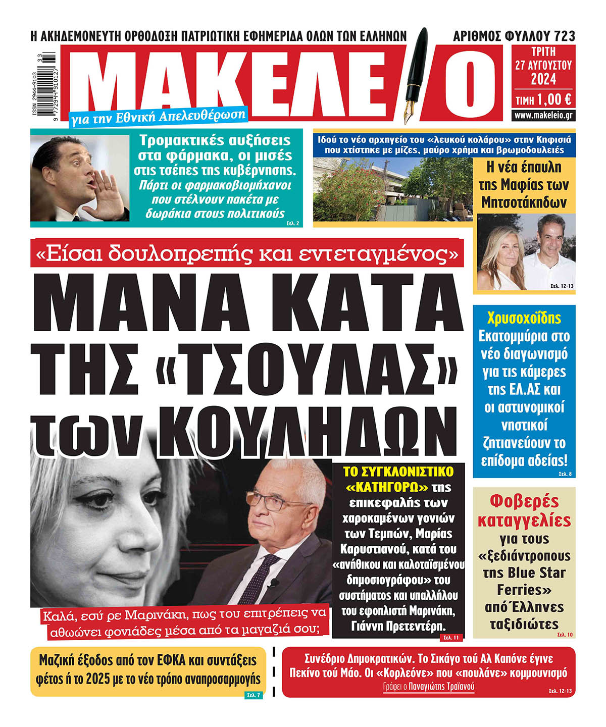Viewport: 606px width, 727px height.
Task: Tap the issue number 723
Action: [x=564, y=36]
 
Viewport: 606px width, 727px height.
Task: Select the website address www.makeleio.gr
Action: [x=543, y=115]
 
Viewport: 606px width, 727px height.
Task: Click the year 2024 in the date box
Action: [x=543, y=79]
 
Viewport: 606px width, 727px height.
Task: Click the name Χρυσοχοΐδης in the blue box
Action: [x=524, y=319]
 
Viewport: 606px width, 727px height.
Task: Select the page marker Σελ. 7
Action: [x=253, y=695]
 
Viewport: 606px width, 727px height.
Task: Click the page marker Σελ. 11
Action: [x=450, y=638]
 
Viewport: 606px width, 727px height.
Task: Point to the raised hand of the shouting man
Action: [x=110, y=194]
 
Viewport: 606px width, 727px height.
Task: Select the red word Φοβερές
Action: [x=524, y=501]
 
